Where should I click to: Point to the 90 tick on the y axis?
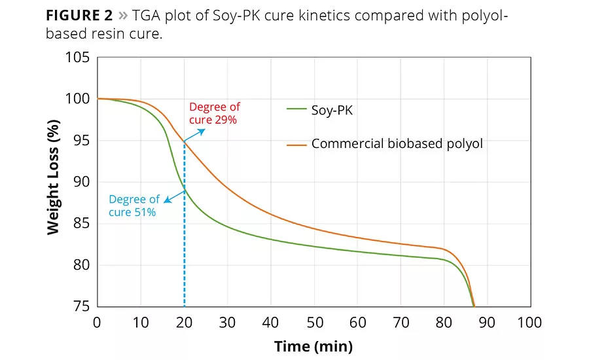(81, 183)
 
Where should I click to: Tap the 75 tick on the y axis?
(81, 307)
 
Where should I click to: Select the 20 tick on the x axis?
(184, 322)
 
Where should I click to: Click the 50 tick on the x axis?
(314, 322)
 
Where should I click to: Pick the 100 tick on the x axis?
(529, 322)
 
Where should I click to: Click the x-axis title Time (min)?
(313, 346)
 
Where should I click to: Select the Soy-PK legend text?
(332, 111)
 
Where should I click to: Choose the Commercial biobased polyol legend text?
(397, 143)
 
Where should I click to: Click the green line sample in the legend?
(297, 111)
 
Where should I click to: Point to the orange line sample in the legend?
(297, 143)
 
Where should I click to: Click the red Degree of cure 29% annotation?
(214, 113)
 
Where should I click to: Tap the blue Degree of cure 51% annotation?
(134, 206)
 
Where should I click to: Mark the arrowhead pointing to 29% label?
(202, 130)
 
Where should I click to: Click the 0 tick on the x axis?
(98, 322)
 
